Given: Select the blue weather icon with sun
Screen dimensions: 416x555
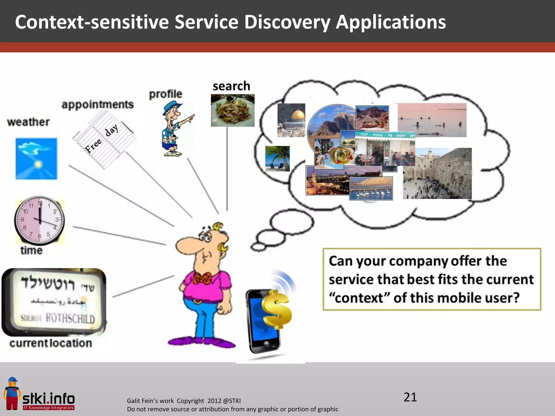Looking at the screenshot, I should point(36,158).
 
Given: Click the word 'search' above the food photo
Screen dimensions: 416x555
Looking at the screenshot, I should point(231,86).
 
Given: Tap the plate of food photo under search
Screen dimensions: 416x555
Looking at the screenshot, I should point(233,110).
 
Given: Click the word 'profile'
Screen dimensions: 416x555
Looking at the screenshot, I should point(166,94).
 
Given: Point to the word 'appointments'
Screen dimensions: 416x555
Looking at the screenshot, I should point(98,104).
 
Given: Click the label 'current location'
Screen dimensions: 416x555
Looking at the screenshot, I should point(51,343).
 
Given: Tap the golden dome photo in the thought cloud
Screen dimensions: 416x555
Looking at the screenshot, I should point(291,120).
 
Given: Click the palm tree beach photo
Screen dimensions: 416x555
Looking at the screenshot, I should point(277,158).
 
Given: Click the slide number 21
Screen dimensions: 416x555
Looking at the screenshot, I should point(410,397).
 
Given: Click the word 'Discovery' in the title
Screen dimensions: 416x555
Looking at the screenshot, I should point(287,22).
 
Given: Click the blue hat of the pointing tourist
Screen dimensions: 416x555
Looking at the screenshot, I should point(173,106).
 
